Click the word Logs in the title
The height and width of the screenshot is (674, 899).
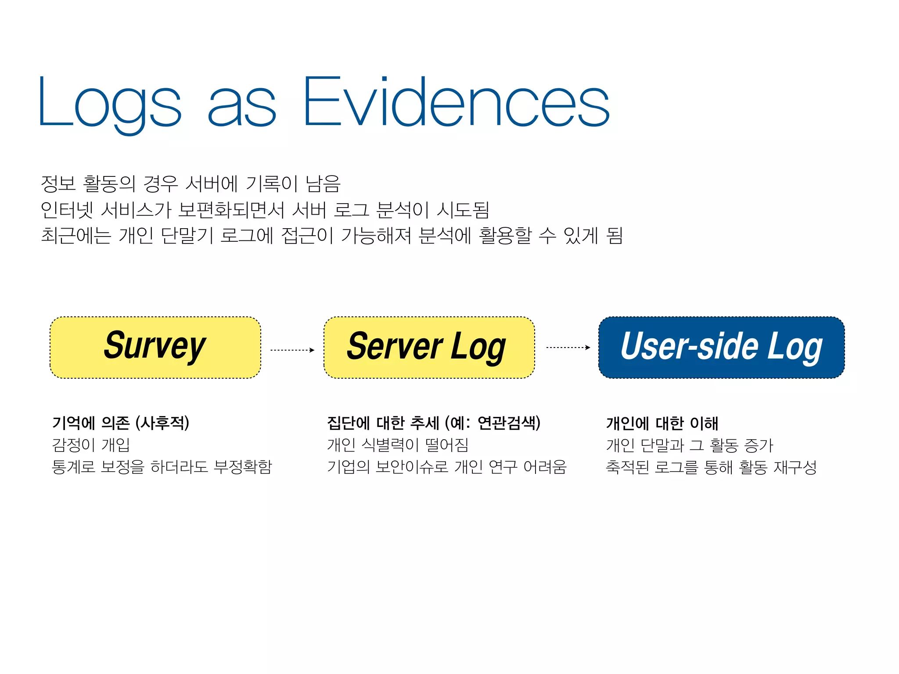[x=110, y=103]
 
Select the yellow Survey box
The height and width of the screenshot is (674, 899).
[x=155, y=347]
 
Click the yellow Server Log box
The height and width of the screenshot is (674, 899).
[x=429, y=347]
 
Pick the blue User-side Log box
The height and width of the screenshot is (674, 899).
[x=721, y=347]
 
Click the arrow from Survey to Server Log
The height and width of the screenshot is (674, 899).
[x=292, y=350]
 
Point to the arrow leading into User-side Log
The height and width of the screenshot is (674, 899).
[x=568, y=348]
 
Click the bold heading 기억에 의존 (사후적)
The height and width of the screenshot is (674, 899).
[x=121, y=423]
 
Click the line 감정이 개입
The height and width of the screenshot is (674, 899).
[x=91, y=445]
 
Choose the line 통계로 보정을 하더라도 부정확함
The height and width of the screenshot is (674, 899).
[x=162, y=466]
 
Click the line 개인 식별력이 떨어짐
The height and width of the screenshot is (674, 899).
[x=398, y=445]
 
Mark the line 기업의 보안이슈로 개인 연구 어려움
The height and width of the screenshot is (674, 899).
[x=447, y=466]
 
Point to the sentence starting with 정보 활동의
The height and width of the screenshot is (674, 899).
[x=191, y=183]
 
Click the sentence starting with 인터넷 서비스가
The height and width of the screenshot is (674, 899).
[x=265, y=210]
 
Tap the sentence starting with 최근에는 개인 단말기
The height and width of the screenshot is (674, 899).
[x=331, y=236]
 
